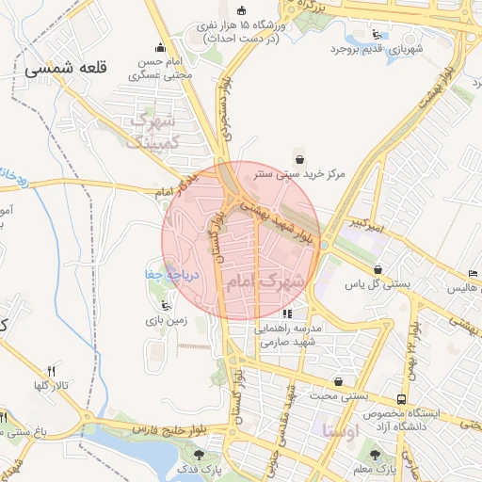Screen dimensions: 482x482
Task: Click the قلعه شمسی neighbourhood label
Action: pyautogui.click(x=81, y=69)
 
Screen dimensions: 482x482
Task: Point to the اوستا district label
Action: pyautogui.click(x=339, y=431)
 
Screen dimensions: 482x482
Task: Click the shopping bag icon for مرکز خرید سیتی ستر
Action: pyautogui.click(x=299, y=157)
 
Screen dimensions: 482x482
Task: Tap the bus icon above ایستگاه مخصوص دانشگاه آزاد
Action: pyautogui.click(x=402, y=399)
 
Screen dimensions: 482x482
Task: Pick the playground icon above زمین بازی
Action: pyautogui.click(x=167, y=305)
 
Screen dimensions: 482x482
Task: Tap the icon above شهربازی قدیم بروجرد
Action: pyautogui.click(x=377, y=34)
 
